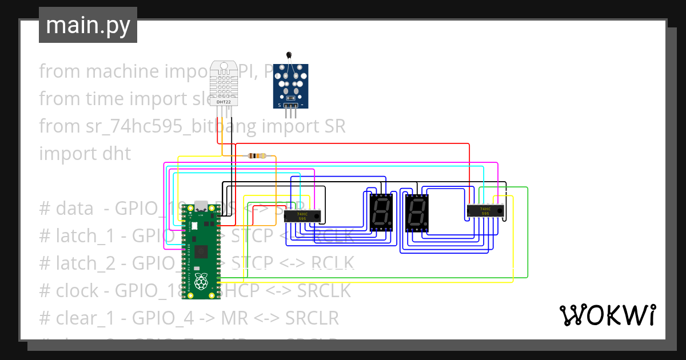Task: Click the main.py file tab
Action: coord(87,26)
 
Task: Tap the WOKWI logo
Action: coord(607,315)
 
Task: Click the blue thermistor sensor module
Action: coord(291,86)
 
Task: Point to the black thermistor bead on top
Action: coord(289,55)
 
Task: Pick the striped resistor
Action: coord(256,155)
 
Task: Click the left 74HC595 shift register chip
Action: coord(302,216)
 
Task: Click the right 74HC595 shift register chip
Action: coord(486,211)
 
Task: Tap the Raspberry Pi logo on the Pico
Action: coord(201,282)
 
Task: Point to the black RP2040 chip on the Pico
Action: coord(201,252)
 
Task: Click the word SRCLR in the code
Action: coord(312,318)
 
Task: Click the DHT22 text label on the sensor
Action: coord(223,101)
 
